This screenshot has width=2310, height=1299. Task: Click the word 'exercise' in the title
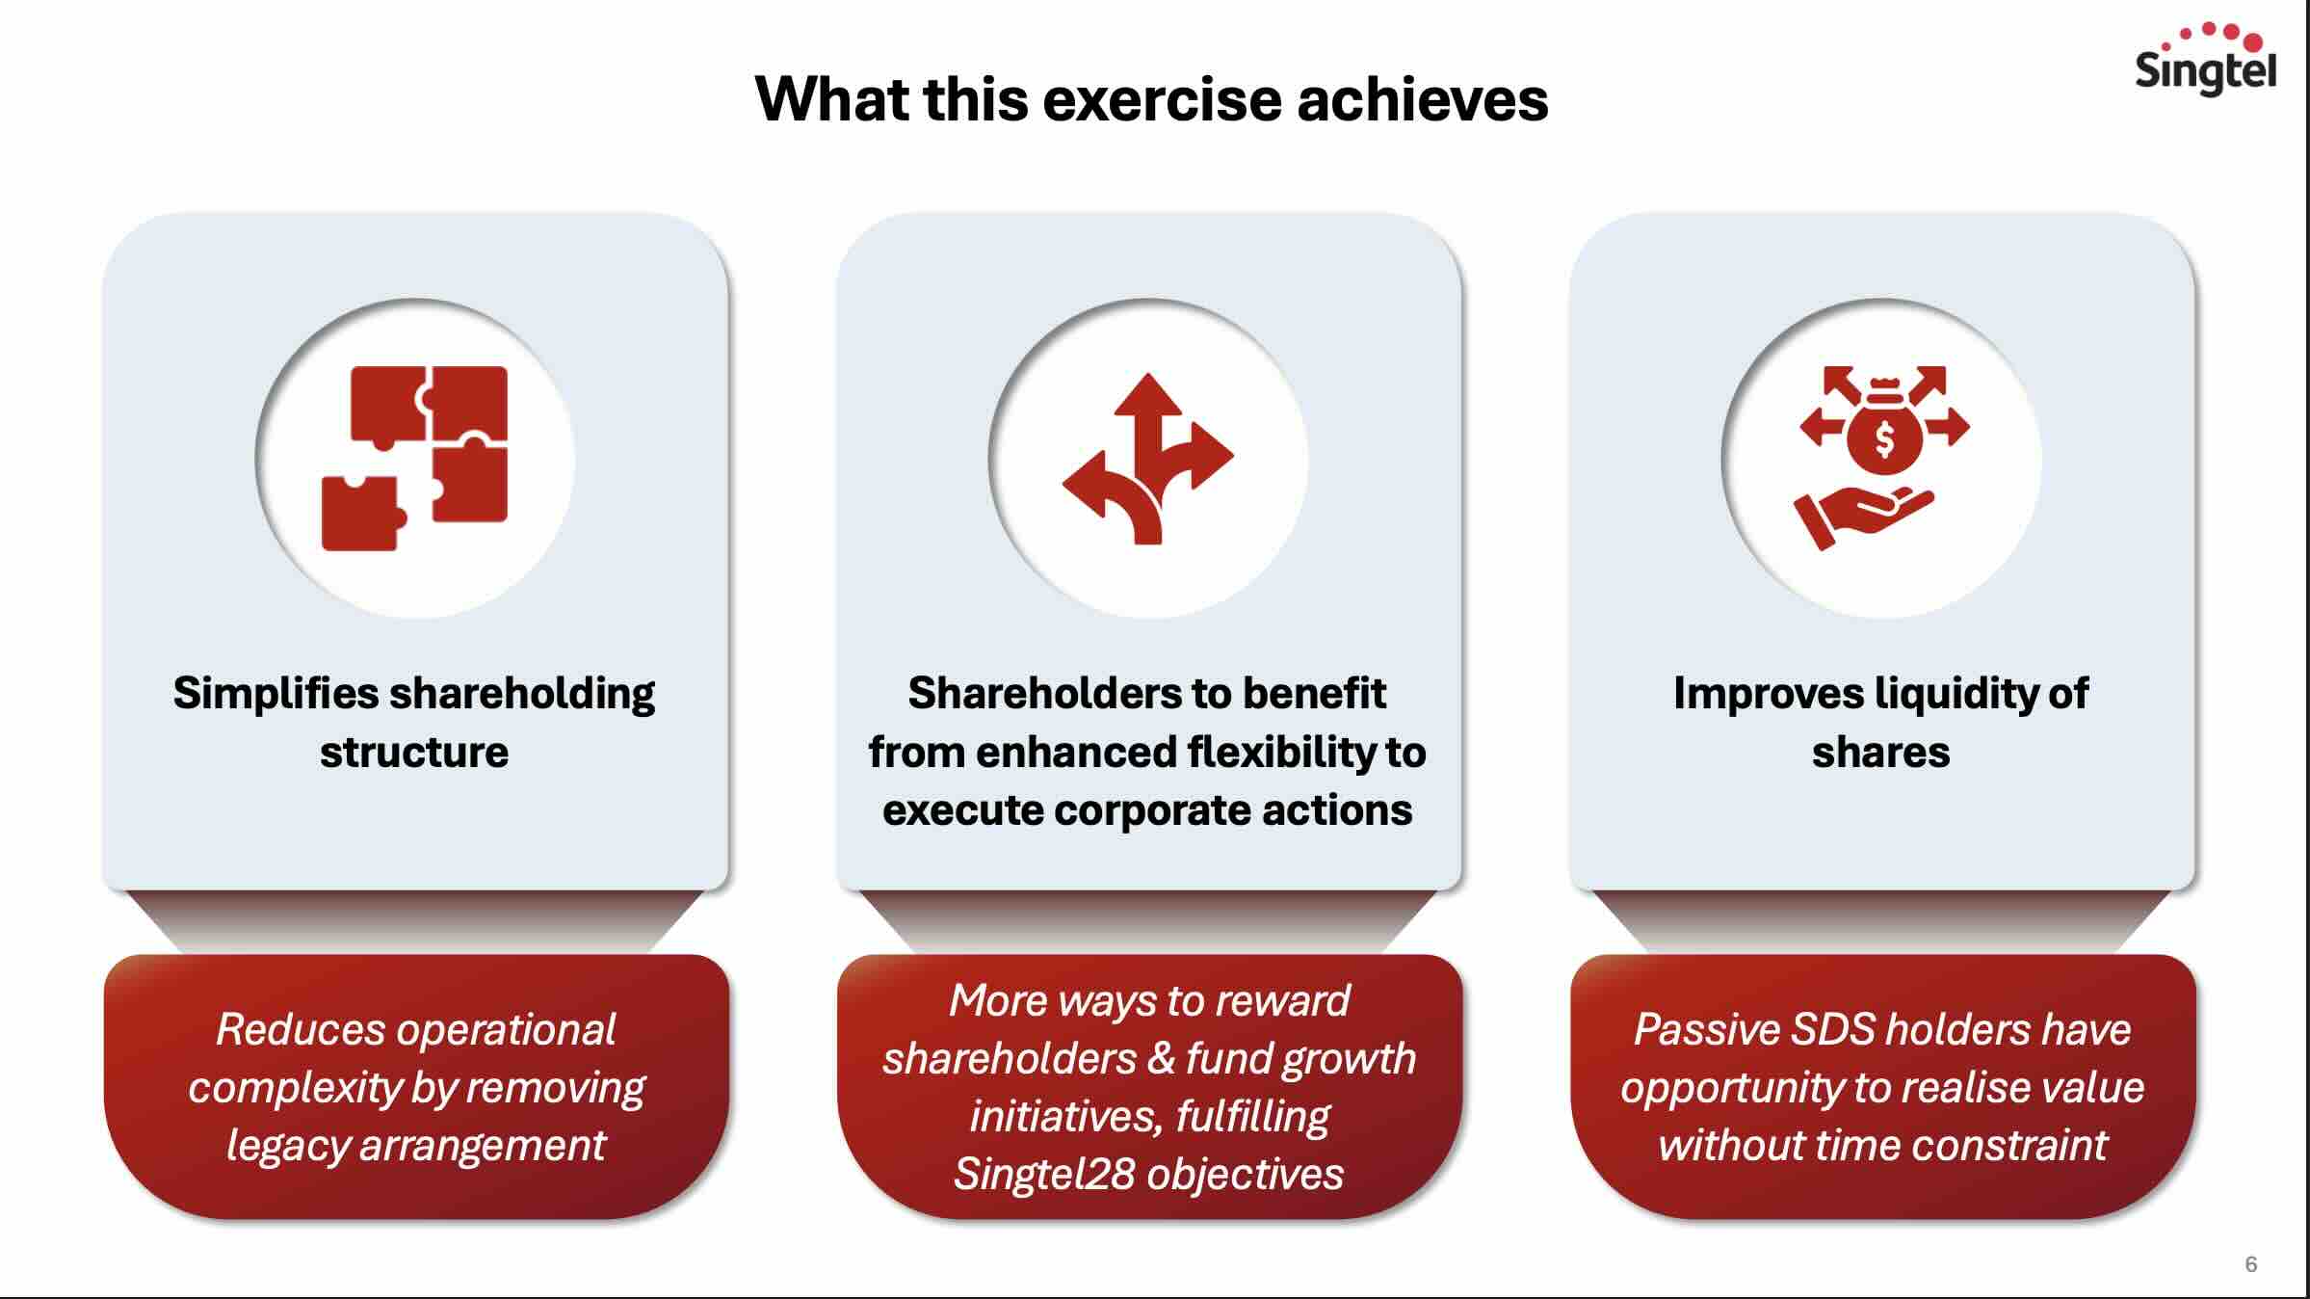(x=1161, y=99)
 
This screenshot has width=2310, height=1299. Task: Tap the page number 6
(x=2250, y=1264)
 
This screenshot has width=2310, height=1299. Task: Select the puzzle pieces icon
(x=414, y=458)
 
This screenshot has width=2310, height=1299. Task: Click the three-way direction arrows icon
(x=1147, y=459)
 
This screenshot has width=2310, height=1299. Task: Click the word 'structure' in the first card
(x=414, y=753)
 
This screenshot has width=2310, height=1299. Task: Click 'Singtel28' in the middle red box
(x=1044, y=1174)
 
